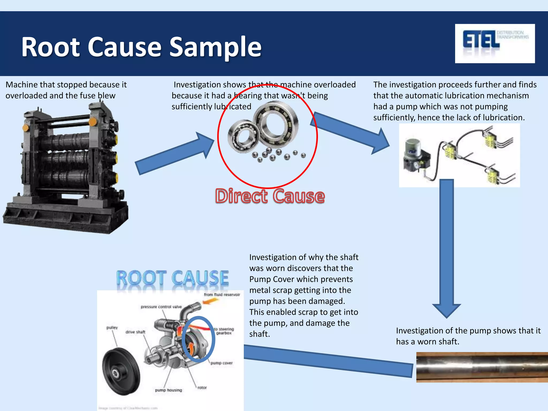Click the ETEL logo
494,43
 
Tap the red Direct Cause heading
270,196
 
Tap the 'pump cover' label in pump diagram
221,363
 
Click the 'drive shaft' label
135,332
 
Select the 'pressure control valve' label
161,307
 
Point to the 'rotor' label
202,387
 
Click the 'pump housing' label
168,390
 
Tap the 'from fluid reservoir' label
222,295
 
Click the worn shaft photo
482,367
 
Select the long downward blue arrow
447,246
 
